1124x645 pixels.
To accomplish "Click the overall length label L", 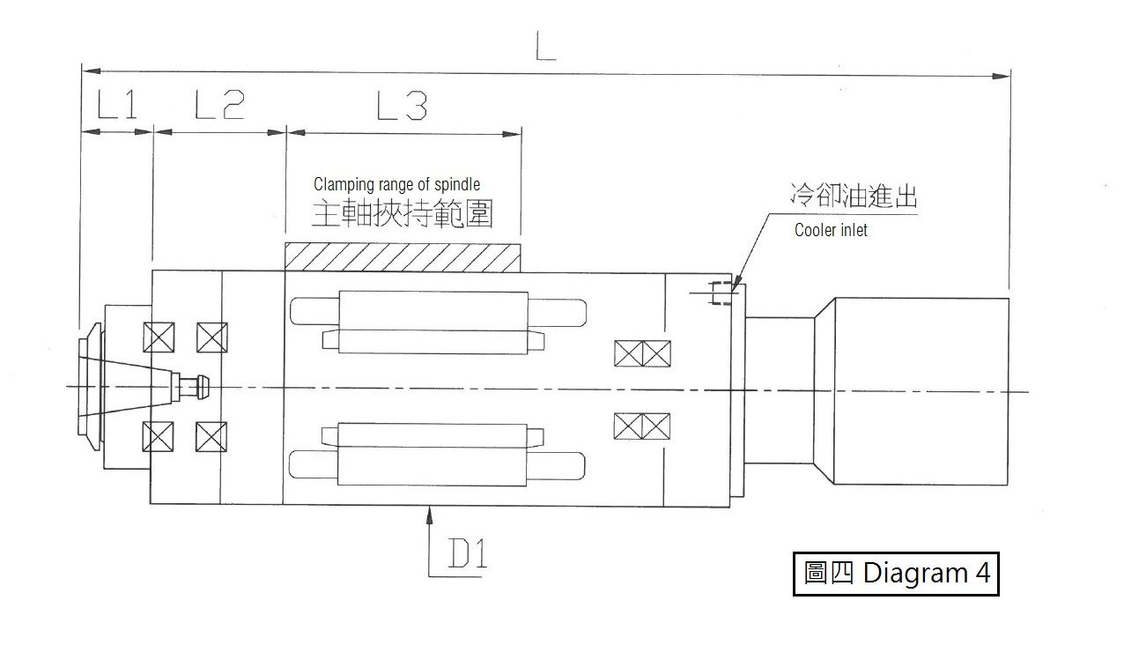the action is point(545,46).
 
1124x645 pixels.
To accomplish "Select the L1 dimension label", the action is point(116,104).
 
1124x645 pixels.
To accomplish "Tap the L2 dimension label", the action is point(219,105).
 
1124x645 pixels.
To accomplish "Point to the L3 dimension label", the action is point(402,106).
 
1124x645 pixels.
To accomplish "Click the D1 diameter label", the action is point(468,552).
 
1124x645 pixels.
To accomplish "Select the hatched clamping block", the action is point(403,257).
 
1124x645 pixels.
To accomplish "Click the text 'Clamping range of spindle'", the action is point(396,184).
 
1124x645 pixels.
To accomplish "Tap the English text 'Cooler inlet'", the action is point(831,230).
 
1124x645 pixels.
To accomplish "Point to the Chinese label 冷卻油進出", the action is point(854,196).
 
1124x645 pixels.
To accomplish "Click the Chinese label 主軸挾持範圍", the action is point(402,213).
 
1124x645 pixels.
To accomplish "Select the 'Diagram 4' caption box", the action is point(896,574).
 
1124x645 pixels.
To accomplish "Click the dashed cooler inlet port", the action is point(721,293).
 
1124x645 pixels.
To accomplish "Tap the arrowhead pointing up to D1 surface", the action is point(429,515).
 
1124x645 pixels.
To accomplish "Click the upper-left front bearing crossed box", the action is point(159,337).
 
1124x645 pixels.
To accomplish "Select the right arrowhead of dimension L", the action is point(1001,77).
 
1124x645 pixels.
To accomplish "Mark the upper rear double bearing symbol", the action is point(642,353).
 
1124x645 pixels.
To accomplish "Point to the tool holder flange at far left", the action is point(91,387).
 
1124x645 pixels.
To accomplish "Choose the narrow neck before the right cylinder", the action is point(780,390).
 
